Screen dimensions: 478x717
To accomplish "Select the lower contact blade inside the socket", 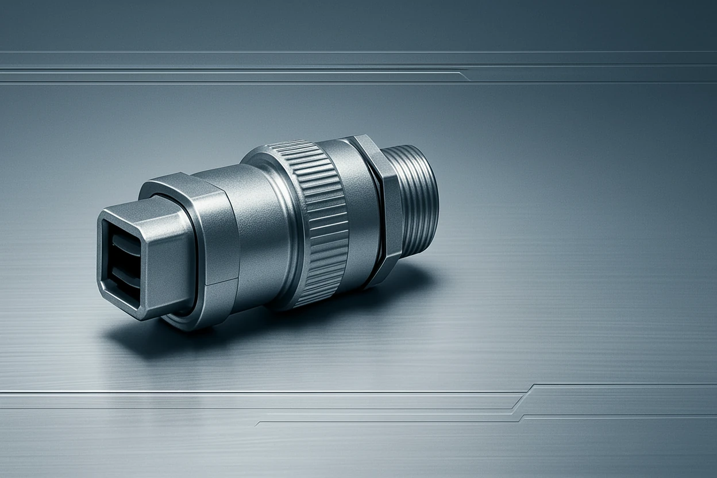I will click(x=125, y=274).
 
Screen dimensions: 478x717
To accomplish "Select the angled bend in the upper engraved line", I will click(x=464, y=75).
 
